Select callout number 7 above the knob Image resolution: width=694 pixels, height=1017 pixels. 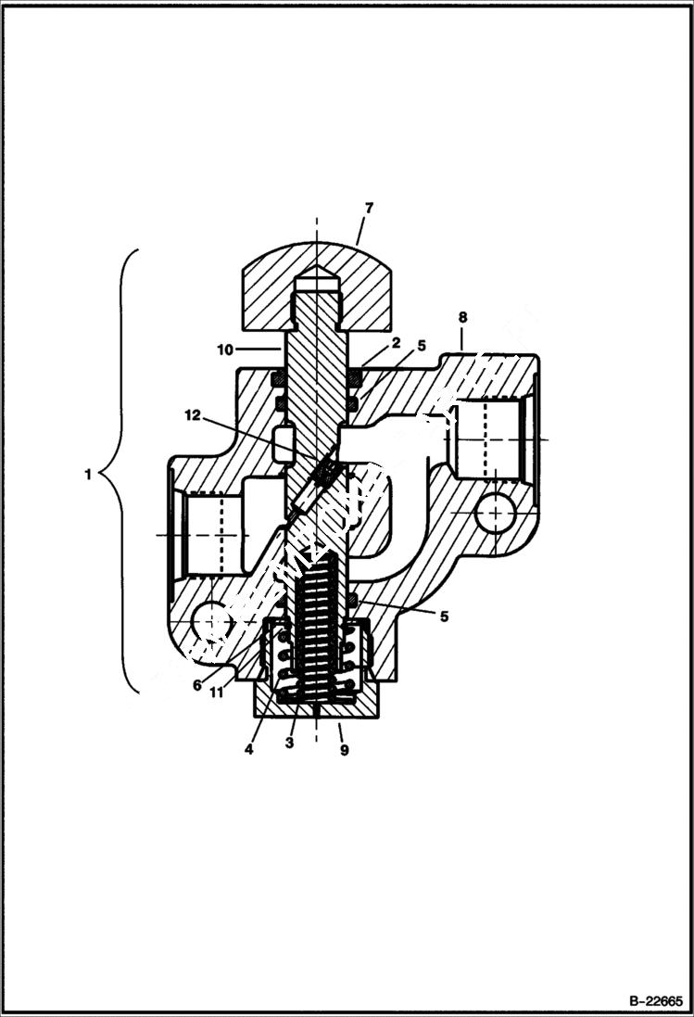tap(368, 208)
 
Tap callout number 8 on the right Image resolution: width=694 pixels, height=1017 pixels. tap(462, 318)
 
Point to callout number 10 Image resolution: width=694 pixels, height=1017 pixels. tap(225, 350)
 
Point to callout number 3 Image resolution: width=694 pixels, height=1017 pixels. tap(290, 743)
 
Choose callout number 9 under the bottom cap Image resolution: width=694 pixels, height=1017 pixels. tap(344, 750)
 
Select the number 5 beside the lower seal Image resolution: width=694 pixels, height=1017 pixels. tap(445, 617)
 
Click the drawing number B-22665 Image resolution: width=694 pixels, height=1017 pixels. tap(655, 1001)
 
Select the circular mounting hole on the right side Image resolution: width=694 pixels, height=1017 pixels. tap(497, 512)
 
